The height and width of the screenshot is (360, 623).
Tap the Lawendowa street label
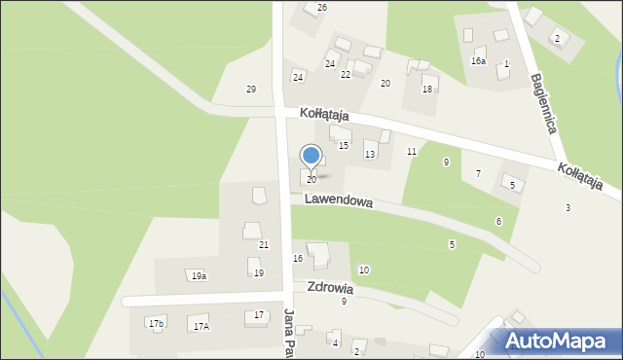tap(339, 200)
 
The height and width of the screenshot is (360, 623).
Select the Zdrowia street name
tap(329, 289)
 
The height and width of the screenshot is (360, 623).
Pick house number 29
tap(251, 90)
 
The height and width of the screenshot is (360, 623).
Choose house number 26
tap(322, 8)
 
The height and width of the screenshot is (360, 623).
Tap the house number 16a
tap(478, 61)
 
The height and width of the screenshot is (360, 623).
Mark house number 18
tap(426, 90)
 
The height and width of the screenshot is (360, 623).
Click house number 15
tap(344, 145)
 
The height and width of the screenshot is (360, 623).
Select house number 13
tap(370, 155)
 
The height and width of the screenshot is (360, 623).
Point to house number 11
tap(412, 151)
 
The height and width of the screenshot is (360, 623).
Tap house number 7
tap(478, 173)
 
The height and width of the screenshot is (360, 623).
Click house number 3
tap(568, 208)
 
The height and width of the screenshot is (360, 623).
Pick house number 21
tap(264, 244)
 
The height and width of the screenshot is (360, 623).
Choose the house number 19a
tap(199, 276)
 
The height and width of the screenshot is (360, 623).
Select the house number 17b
tap(156, 322)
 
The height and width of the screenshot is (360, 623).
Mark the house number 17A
tap(201, 327)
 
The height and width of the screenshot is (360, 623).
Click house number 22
tap(346, 75)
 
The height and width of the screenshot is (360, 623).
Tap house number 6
tap(498, 222)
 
